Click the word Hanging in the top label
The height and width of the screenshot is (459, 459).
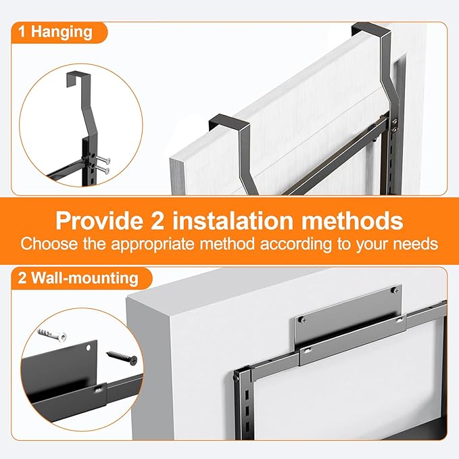point(62,32)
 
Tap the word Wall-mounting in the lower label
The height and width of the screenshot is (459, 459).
point(85,278)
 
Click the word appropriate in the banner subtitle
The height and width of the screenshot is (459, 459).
point(152,244)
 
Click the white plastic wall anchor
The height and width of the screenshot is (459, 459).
point(52,335)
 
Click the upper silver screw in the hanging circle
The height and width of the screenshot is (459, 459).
point(103,160)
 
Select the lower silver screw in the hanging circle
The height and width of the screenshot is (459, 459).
point(102,169)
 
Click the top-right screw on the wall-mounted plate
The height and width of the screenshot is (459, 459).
point(395,291)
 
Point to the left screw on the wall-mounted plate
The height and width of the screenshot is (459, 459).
point(304,320)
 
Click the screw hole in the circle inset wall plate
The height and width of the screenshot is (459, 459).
point(88,348)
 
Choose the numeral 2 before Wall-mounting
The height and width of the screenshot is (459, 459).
point(22,277)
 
